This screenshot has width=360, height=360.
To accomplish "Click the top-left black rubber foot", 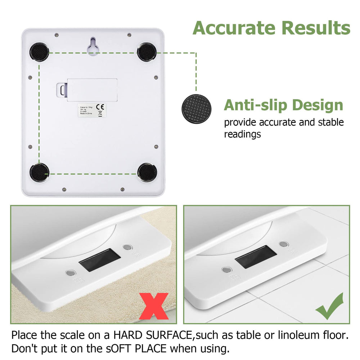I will click(39, 51).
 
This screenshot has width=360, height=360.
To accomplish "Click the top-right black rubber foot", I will click(147, 51).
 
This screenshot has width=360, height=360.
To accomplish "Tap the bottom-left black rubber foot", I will click(39, 172).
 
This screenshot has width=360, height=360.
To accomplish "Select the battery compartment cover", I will click(92, 90).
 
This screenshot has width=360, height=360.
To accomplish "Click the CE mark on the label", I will click(102, 107).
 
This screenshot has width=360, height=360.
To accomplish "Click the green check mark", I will click(329, 306).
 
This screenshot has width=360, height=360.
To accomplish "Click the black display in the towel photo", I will click(100, 260).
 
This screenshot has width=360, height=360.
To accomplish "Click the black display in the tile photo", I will click(256, 257).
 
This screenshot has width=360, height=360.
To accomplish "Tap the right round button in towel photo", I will click(127, 247).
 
